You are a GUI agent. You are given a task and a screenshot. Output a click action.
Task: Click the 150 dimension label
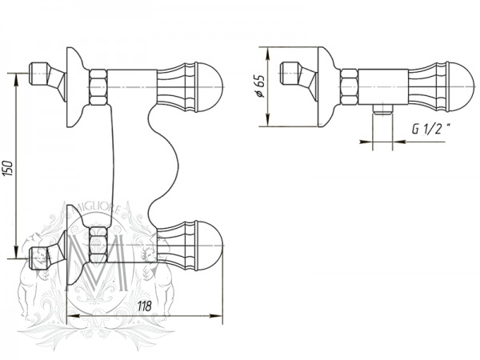9,168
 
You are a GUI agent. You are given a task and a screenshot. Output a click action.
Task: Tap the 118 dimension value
145,306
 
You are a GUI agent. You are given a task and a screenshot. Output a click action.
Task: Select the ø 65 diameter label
259,86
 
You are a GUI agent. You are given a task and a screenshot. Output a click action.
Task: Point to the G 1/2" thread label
432,129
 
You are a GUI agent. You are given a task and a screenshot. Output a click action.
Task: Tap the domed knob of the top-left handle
210,87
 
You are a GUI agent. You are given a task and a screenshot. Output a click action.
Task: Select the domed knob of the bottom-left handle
210,246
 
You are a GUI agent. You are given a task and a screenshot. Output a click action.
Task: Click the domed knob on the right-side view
462,86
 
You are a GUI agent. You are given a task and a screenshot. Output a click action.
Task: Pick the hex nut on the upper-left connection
98,87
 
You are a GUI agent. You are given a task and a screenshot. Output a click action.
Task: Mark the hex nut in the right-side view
350,87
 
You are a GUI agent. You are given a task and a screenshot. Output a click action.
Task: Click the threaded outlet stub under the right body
382,110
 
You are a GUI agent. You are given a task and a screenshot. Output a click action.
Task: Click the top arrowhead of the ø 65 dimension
267,53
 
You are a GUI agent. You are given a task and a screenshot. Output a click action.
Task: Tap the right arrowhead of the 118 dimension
216,316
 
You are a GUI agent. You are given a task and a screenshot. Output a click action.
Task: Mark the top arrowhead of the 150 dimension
15,79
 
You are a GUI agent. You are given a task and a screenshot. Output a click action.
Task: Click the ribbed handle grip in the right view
427,87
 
